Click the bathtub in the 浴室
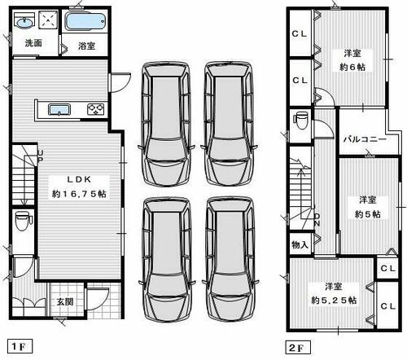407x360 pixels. [85, 22]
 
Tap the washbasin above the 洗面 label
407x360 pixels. [24, 21]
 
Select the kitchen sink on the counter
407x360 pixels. [59, 110]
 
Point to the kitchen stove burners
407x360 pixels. [96, 109]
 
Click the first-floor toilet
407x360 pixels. [24, 221]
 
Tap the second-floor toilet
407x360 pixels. [300, 121]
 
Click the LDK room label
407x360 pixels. [79, 179]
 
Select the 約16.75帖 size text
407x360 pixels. [79, 194]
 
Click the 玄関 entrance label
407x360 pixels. [65, 301]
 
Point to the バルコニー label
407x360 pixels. [365, 139]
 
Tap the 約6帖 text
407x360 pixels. [352, 67]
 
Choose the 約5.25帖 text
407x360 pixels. [334, 300]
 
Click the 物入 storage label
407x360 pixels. [300, 245]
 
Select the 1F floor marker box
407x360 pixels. [20, 346]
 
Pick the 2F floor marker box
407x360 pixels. [298, 348]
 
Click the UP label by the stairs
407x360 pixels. [40, 156]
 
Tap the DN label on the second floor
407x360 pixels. [317, 220]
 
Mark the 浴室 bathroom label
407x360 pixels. [86, 46]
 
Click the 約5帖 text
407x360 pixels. [367, 214]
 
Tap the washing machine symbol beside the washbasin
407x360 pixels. [48, 20]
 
